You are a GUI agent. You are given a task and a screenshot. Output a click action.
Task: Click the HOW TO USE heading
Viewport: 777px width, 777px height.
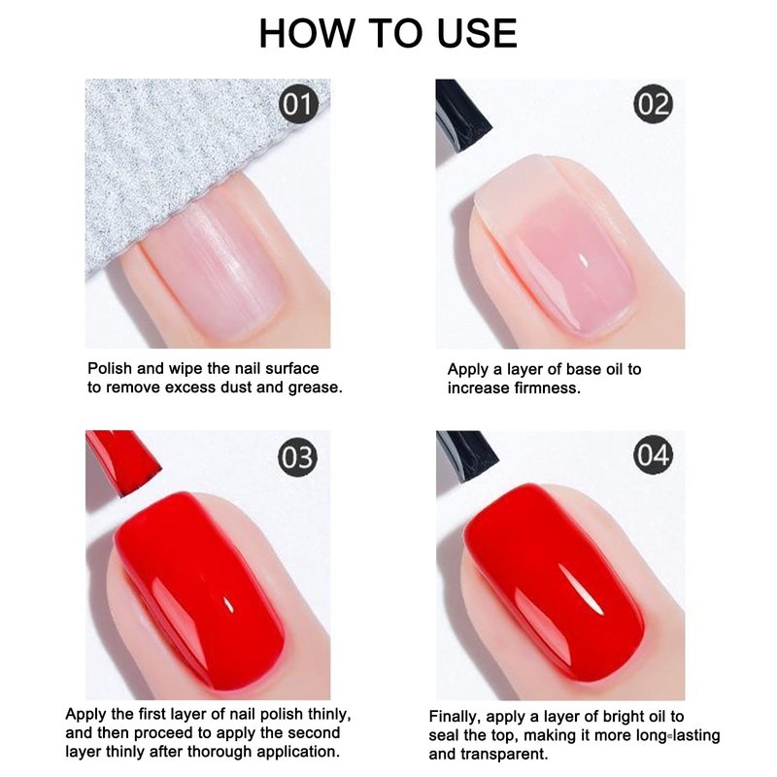tap(388, 33)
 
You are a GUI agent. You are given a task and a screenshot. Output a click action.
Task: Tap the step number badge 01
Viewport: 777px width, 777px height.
tap(298, 105)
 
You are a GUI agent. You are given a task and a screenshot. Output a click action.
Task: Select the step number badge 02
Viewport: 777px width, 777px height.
tap(653, 104)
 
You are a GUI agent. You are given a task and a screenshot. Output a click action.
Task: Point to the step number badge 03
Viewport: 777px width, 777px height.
tap(298, 456)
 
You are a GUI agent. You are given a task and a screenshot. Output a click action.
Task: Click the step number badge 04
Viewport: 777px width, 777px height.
tap(653, 455)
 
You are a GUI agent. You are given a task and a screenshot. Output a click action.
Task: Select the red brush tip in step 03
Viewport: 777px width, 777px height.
tap(121, 460)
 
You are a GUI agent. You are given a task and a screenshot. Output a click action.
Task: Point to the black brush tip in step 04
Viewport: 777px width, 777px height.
tap(466, 455)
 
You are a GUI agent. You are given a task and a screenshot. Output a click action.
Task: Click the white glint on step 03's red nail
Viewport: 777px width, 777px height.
tap(229, 604)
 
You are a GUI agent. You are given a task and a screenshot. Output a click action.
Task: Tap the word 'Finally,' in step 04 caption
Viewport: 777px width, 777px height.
tap(455, 717)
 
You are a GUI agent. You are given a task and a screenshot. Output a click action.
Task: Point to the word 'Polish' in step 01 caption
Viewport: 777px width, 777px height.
tap(110, 368)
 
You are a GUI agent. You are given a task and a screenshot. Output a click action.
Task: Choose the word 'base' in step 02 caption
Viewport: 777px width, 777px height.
tap(582, 369)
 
